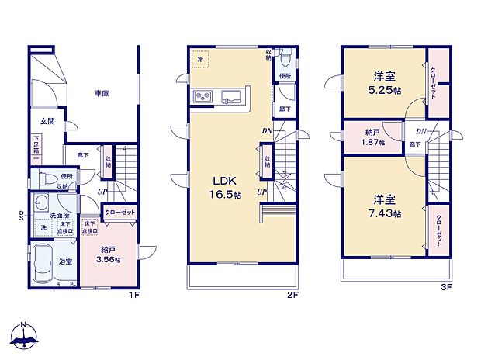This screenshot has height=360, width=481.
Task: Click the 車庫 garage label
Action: (x=102, y=93)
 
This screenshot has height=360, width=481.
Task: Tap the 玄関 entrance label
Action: (x=47, y=121)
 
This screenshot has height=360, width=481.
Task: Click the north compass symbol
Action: (x=25, y=335)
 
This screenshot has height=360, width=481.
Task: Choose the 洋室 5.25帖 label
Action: (x=386, y=83)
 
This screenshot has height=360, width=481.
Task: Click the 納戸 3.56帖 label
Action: (x=109, y=254)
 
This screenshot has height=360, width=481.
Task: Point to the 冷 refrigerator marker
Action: (x=200, y=59)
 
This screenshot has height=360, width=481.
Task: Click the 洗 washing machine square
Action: (x=43, y=229)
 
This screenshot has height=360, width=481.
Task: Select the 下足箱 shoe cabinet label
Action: (x=36, y=144)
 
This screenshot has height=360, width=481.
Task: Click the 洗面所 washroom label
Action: (x=61, y=215)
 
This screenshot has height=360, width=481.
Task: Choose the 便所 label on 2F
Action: (x=285, y=76)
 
